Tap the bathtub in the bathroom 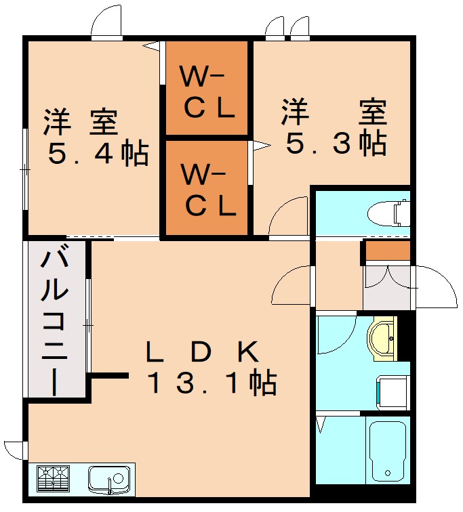(x=386, y=450)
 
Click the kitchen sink (x=108, y=479)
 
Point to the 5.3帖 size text (x=336, y=143)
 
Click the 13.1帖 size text (x=212, y=384)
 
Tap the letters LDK (x=202, y=351)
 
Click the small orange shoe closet (x=388, y=251)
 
